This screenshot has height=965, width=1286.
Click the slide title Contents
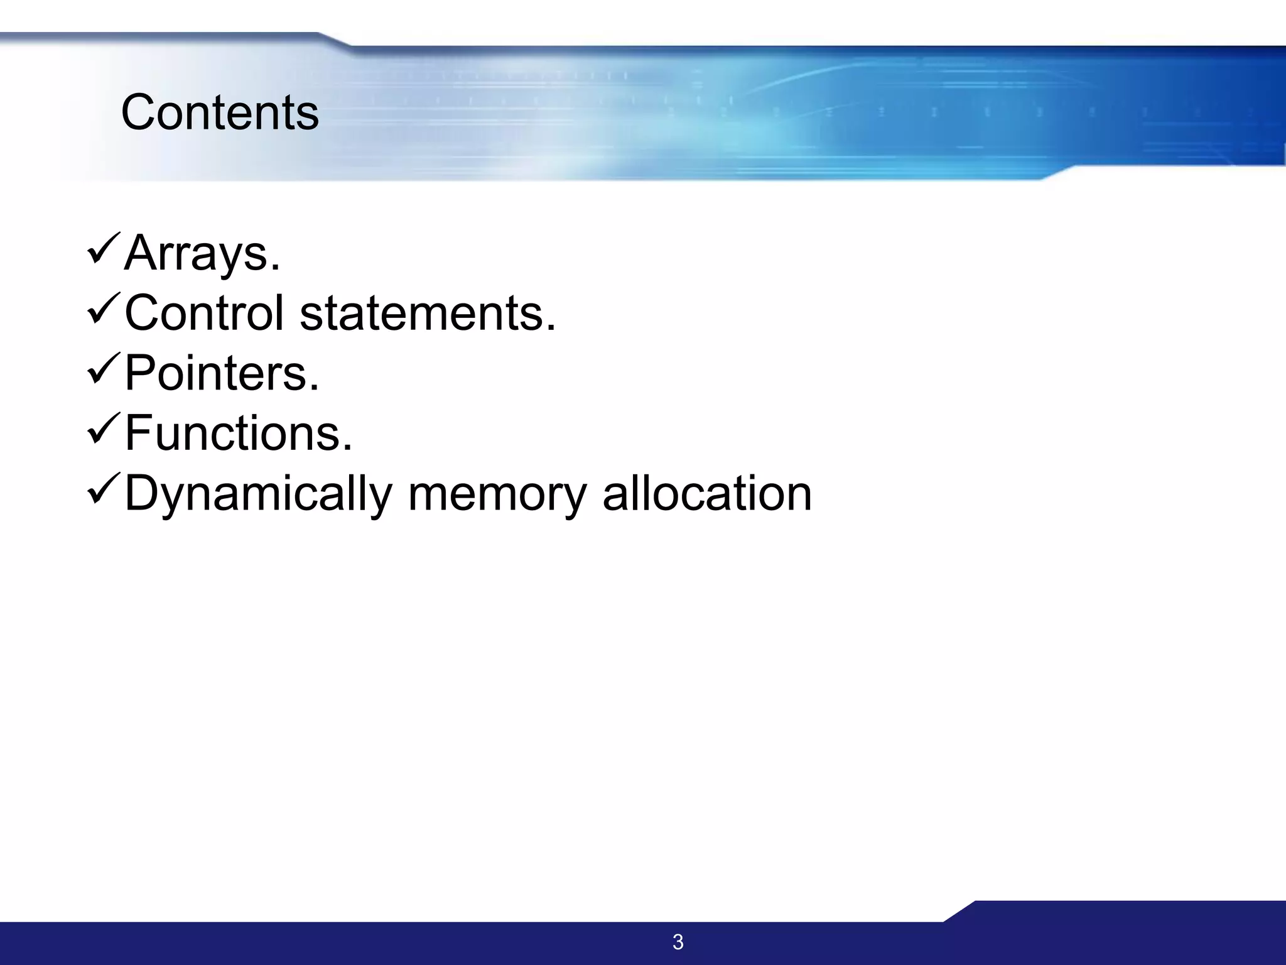click(220, 112)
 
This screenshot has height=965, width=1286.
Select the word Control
click(204, 313)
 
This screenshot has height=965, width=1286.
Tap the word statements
click(421, 313)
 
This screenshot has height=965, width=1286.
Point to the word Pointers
click(215, 373)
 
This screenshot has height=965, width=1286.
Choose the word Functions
click(232, 433)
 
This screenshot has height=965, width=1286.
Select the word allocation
click(707, 494)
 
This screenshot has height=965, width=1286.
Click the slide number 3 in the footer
click(678, 942)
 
